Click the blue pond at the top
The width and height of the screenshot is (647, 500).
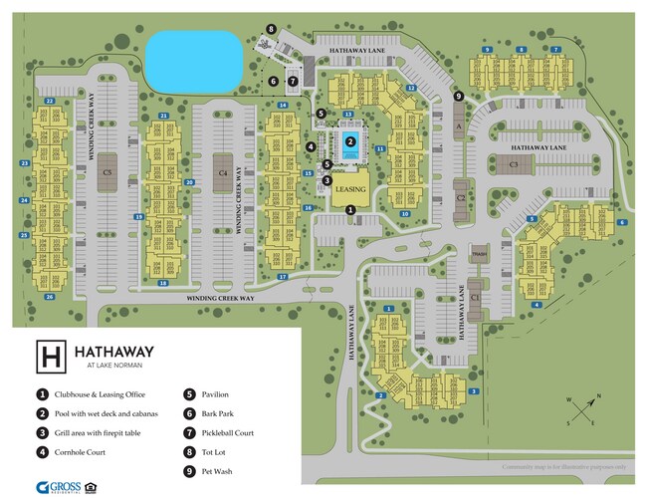click(194, 60)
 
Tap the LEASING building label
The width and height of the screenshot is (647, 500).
click(350, 188)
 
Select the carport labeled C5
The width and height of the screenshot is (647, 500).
click(107, 172)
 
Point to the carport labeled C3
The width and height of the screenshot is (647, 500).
click(514, 163)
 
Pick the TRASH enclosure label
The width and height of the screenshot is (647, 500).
click(479, 253)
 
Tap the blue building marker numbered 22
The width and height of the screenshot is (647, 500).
click(49, 102)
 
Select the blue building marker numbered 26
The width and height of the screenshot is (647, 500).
click(49, 297)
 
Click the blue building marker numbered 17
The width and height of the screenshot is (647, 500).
click(282, 276)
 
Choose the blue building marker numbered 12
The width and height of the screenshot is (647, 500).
click(410, 88)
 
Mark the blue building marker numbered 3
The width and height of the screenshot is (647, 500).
click(474, 391)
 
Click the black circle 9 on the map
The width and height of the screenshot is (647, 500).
click(458, 96)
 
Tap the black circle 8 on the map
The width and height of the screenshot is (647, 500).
click(271, 30)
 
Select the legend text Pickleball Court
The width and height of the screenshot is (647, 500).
click(225, 432)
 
